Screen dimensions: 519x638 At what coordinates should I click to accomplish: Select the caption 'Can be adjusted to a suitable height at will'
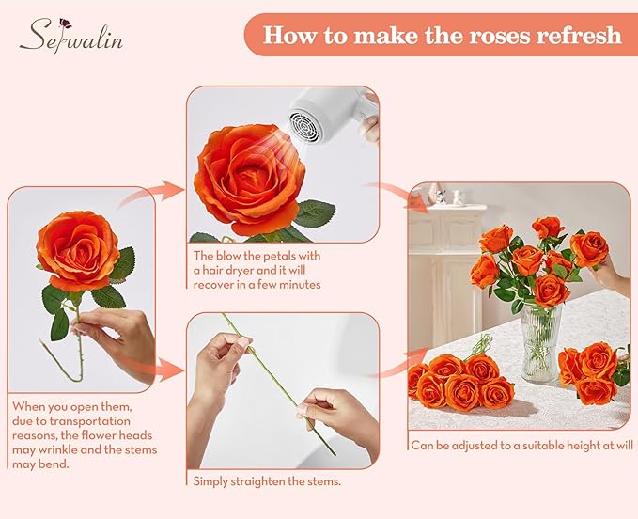click(517, 445)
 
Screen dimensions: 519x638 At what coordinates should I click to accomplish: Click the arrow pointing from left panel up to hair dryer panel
click(150, 196)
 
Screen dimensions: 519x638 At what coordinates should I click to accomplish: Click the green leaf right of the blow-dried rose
click(314, 213)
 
